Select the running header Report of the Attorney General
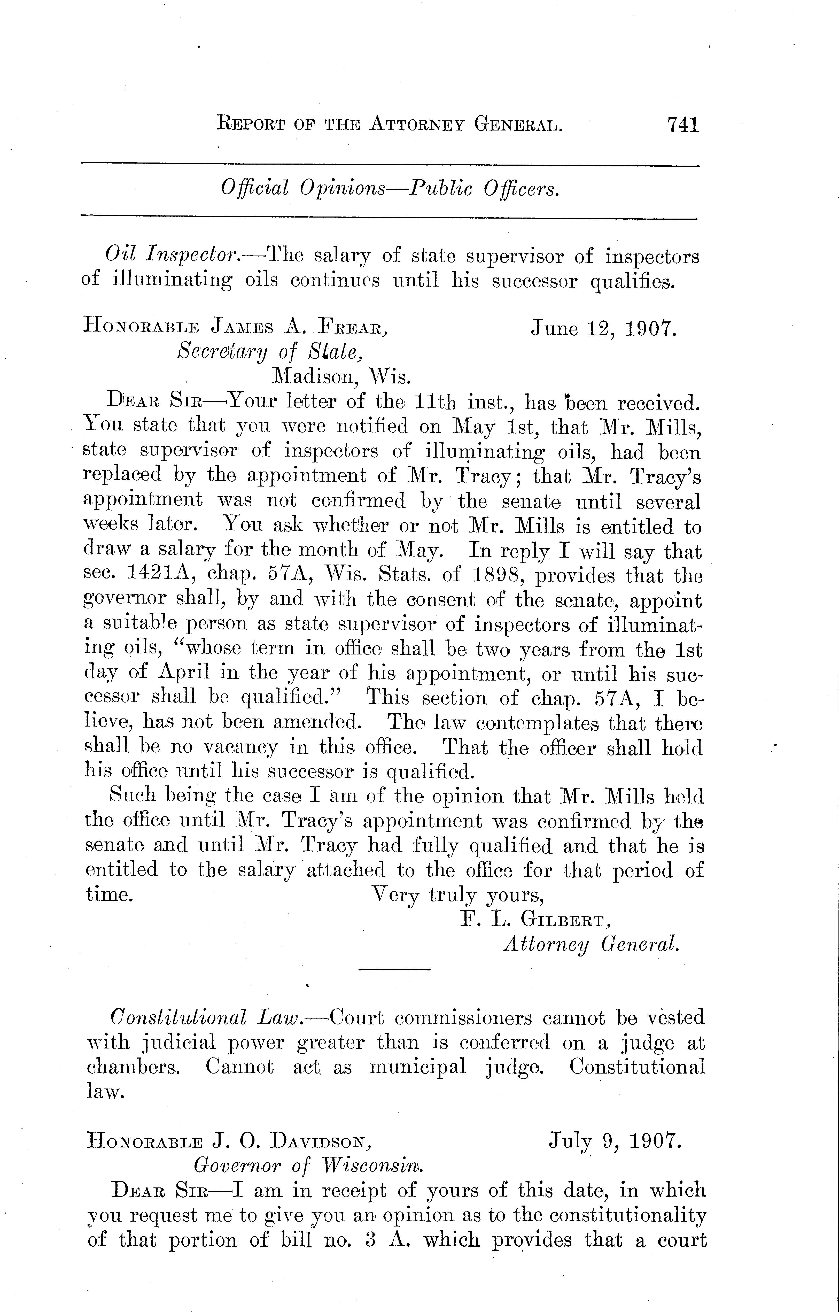coord(390,125)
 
